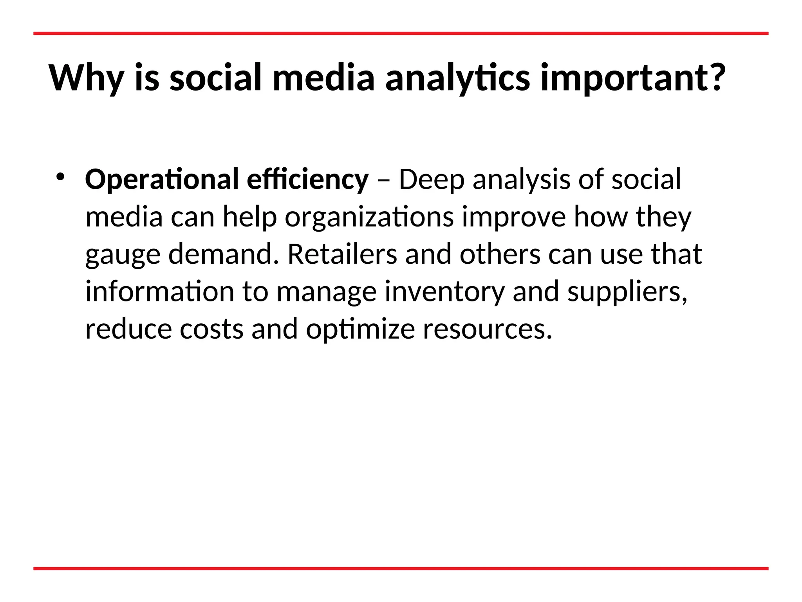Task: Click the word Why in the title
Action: [87, 78]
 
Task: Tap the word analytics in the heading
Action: [457, 78]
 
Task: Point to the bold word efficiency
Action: [308, 180]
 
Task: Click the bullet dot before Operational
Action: [60, 177]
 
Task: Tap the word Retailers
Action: [342, 254]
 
